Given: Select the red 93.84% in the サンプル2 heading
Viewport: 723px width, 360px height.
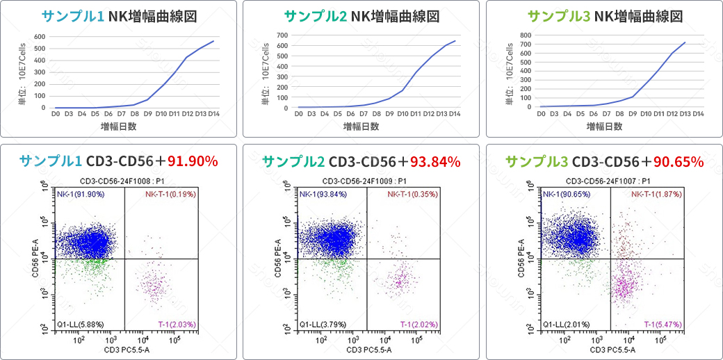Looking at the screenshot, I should (x=435, y=161).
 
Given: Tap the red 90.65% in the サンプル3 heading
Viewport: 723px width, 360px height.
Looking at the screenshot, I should (x=678, y=161).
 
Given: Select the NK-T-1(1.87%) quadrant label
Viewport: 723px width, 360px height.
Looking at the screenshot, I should (x=656, y=195).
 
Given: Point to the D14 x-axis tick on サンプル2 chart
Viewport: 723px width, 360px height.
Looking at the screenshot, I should (x=455, y=113).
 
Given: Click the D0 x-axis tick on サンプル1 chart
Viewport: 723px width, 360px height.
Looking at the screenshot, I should (x=56, y=113).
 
